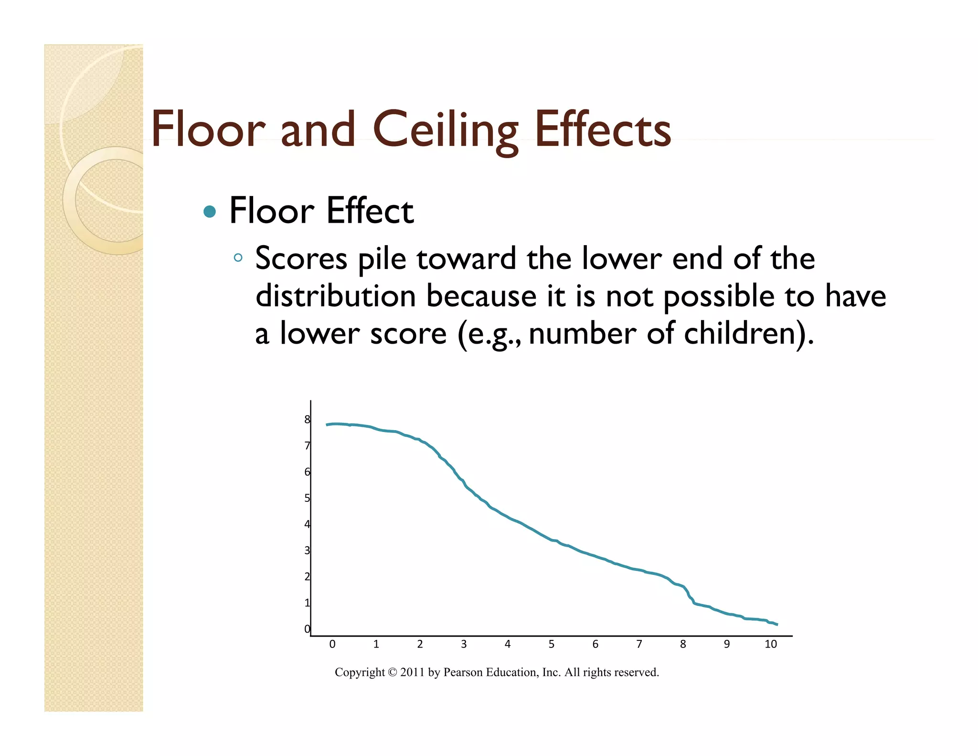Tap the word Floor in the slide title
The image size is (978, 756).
[x=208, y=129]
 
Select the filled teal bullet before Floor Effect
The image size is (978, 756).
[x=209, y=211]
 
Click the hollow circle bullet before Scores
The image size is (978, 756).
[x=238, y=258]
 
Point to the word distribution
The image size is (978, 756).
[x=336, y=296]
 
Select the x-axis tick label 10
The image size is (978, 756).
[x=770, y=644]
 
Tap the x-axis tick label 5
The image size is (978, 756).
[x=551, y=644]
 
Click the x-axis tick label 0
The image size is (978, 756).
[x=332, y=644]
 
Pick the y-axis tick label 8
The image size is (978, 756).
[x=307, y=420]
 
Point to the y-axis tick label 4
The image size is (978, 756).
[x=307, y=524]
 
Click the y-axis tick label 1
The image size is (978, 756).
[x=307, y=603]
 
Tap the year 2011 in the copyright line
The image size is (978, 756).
[x=412, y=672]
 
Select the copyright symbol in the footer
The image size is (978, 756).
[x=392, y=672]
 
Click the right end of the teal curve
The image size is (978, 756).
[x=777, y=624]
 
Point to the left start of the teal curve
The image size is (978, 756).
[x=327, y=424]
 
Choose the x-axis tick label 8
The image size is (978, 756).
[x=683, y=644]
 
